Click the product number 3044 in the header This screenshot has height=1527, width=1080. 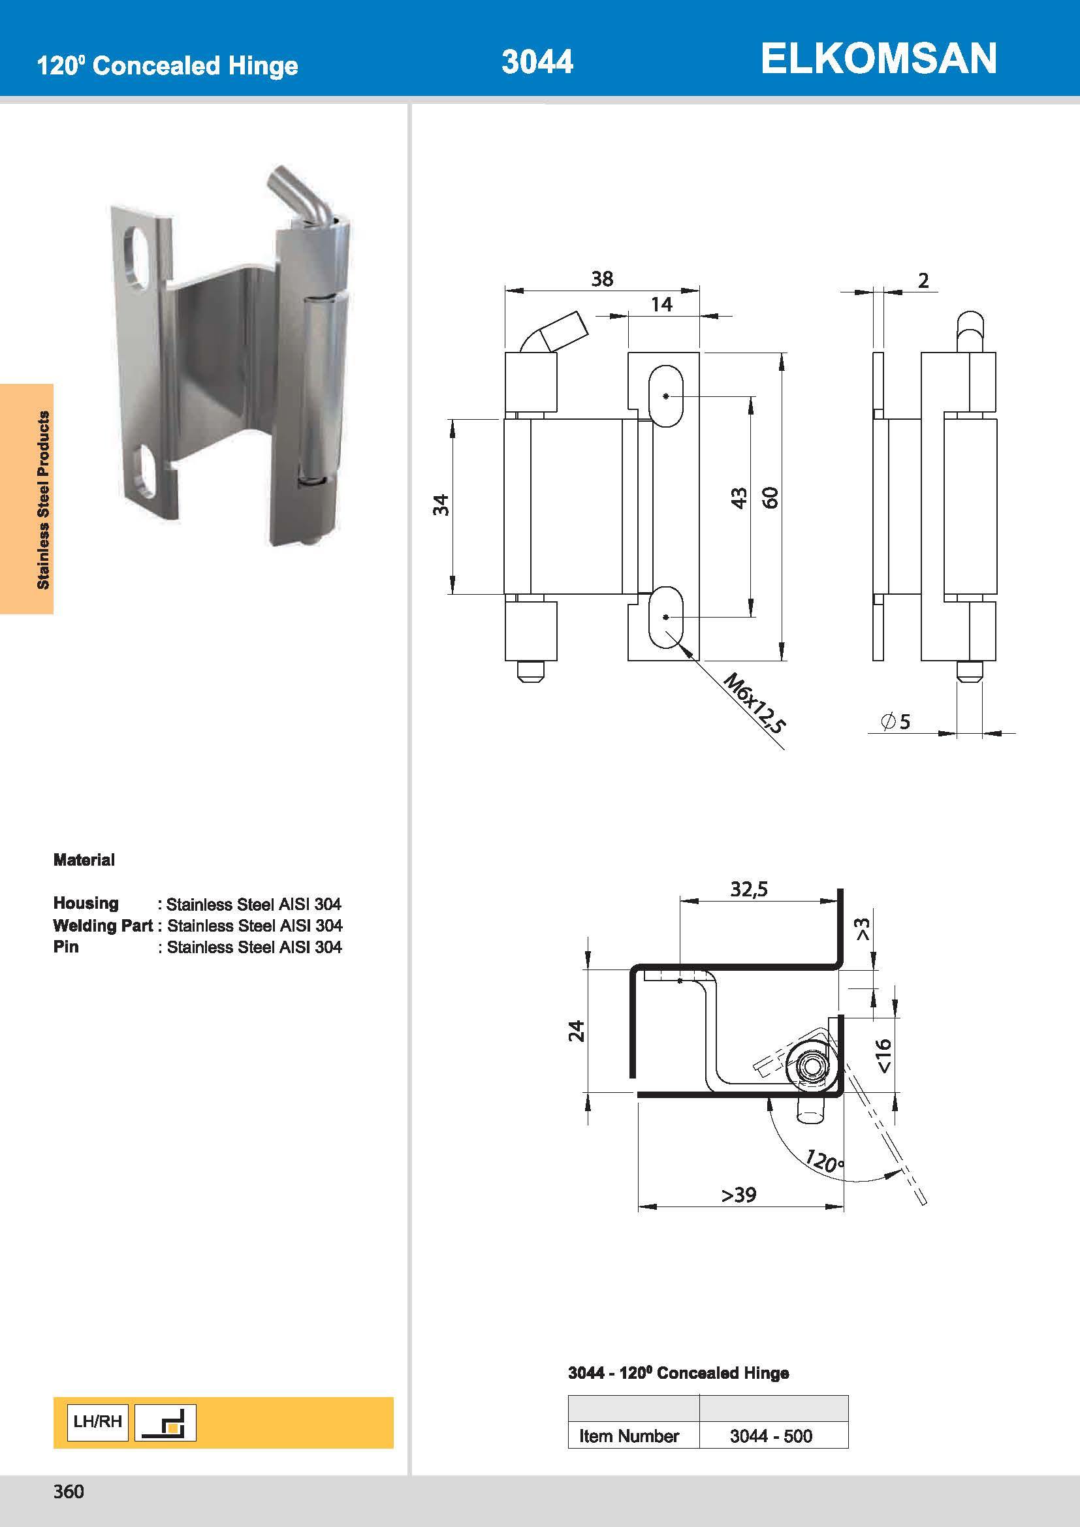click(537, 62)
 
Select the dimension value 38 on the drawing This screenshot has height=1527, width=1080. click(602, 279)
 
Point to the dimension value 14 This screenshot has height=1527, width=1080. click(661, 305)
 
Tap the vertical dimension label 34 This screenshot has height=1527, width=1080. click(441, 505)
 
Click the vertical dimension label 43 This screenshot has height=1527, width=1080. click(739, 498)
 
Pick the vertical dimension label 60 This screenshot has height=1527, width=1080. click(770, 498)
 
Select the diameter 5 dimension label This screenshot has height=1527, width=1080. click(896, 721)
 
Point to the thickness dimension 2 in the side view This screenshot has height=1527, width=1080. click(923, 281)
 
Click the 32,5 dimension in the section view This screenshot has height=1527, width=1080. click(749, 889)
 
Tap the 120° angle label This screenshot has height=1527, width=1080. click(824, 1161)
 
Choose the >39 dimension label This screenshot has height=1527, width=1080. click(739, 1195)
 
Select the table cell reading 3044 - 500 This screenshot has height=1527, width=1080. click(771, 1436)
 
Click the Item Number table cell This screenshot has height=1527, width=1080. click(628, 1436)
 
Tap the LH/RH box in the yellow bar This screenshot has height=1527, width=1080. click(98, 1422)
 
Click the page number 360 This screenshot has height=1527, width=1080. click(69, 1492)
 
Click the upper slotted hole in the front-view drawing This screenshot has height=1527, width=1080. click(665, 396)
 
